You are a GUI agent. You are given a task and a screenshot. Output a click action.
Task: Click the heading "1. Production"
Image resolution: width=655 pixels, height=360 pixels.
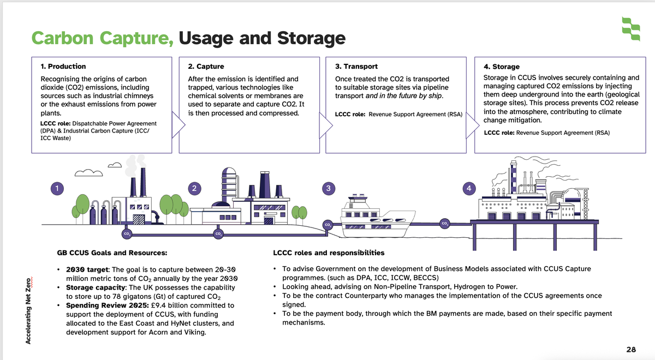click(63, 67)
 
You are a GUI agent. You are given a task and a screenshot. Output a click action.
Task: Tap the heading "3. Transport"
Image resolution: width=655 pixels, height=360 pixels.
click(356, 67)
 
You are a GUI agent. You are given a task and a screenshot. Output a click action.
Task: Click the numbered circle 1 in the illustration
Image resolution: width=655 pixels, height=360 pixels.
click(55, 188)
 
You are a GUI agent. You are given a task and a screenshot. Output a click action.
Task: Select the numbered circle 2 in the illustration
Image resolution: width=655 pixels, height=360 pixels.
click(194, 188)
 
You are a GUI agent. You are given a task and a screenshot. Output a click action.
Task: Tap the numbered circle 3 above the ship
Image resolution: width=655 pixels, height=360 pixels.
click(327, 188)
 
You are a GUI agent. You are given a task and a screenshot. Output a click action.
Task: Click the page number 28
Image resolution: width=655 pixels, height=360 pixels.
click(631, 350)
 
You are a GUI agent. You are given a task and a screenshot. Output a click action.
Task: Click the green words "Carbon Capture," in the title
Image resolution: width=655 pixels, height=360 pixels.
click(103, 38)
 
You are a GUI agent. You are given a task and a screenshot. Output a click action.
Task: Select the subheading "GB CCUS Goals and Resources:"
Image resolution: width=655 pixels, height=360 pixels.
click(112, 253)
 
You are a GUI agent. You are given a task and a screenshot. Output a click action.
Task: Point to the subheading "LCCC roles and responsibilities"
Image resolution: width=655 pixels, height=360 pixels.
click(329, 253)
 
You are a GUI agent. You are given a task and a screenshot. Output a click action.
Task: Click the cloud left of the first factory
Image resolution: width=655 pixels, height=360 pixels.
click(88, 173)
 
